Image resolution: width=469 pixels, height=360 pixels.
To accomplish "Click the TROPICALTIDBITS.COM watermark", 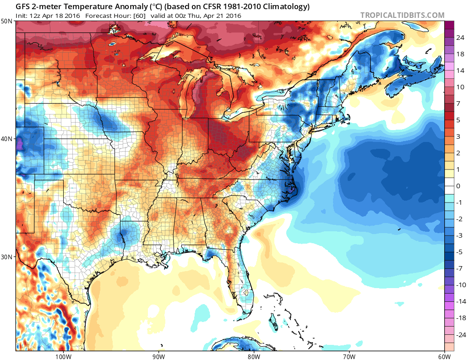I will [x=402, y=15].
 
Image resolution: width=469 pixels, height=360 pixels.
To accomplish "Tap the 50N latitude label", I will [x=7, y=22].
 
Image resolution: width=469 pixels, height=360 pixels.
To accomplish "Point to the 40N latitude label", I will [x=7, y=139].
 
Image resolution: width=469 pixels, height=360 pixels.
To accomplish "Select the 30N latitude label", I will [x=7, y=256].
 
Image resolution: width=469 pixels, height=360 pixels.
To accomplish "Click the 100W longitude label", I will [x=63, y=356].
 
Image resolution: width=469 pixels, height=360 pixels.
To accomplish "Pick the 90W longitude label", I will [x=158, y=356].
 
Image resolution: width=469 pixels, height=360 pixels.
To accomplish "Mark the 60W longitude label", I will [x=444, y=356].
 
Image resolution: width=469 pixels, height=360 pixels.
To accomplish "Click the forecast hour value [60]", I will [x=138, y=16].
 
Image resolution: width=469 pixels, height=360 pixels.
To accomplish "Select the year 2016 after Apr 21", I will [x=233, y=16].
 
